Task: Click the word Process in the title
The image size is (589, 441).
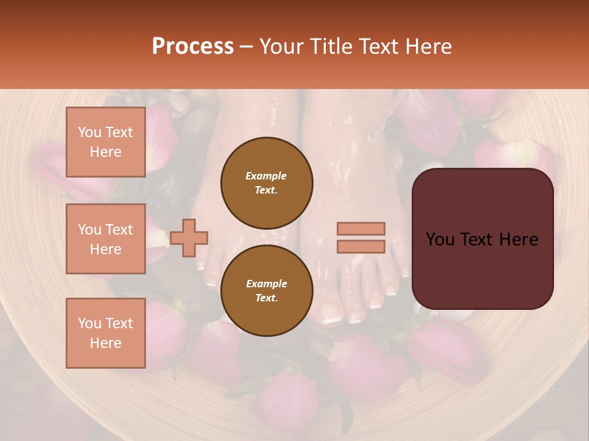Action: (193, 47)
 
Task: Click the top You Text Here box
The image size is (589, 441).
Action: (106, 142)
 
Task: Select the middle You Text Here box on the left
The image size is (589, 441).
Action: (106, 239)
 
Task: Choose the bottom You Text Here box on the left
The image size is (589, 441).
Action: (106, 333)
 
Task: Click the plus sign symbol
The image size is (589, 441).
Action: (189, 238)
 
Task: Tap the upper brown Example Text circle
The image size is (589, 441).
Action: (267, 183)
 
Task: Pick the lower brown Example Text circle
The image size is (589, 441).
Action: (267, 290)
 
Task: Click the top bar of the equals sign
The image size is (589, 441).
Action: (361, 228)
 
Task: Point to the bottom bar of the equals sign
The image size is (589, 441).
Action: (361, 246)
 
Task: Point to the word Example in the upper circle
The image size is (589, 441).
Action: (266, 176)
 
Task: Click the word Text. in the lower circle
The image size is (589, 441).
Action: (266, 298)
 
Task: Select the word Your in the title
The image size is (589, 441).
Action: (280, 47)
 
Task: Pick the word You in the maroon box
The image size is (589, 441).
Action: (440, 239)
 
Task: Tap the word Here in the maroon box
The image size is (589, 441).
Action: (518, 239)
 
